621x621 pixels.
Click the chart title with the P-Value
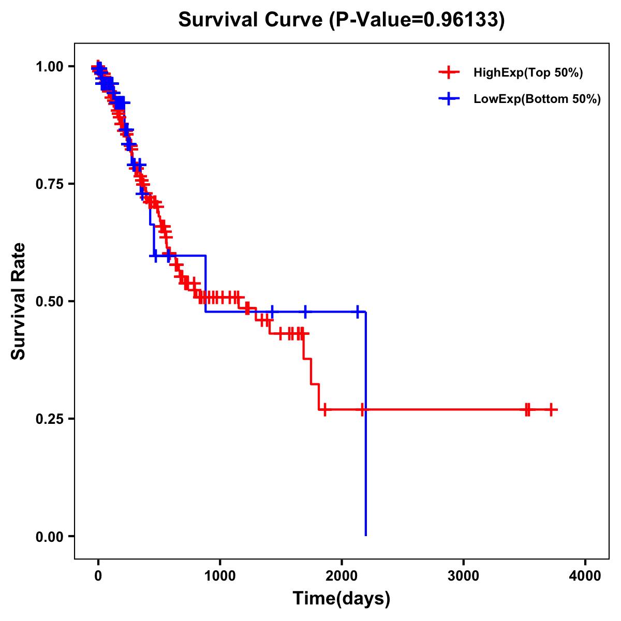point(341,20)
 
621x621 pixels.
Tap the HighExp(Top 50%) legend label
point(528,73)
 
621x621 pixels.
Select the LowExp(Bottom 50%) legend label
point(537,99)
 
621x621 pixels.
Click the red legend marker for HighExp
point(449,73)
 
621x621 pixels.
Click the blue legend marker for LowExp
point(449,99)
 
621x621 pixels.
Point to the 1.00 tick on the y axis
point(49,67)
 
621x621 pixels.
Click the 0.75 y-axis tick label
point(49,184)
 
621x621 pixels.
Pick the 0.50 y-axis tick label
point(49,301)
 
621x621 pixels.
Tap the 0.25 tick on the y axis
point(49,419)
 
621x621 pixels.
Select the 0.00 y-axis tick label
point(49,537)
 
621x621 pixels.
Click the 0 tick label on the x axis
point(98,576)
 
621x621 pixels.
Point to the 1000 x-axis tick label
point(220,576)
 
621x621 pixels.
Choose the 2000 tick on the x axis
point(342,576)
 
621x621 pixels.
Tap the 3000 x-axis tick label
point(463,576)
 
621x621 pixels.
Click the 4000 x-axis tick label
point(585,576)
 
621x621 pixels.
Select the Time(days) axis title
point(342,599)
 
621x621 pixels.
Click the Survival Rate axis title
point(19,301)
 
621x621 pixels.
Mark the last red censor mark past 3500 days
point(552,410)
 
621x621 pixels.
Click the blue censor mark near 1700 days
point(305,312)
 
